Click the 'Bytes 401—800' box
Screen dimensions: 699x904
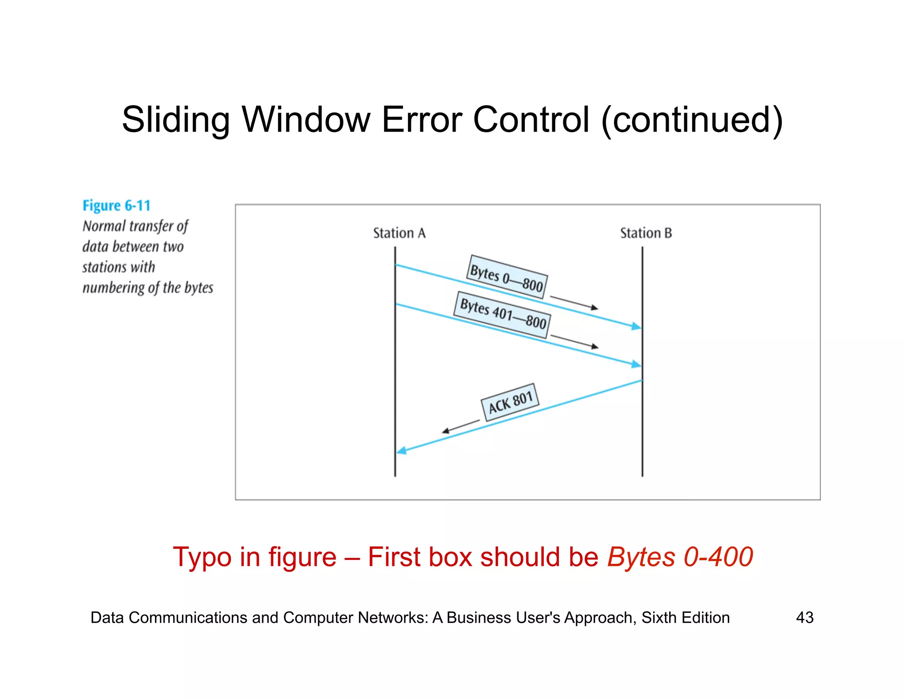502,315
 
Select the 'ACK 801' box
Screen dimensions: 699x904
510,402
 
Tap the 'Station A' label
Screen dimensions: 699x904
399,233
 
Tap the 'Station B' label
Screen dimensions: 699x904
646,233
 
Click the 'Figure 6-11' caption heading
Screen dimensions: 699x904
117,206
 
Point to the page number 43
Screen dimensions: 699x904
804,617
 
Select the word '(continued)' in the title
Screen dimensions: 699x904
692,120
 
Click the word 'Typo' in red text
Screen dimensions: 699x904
202,557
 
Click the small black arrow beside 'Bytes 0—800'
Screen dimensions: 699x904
574,303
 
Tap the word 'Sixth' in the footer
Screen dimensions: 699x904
659,617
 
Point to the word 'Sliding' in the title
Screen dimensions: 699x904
175,120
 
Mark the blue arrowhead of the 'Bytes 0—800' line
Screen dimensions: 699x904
636,327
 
